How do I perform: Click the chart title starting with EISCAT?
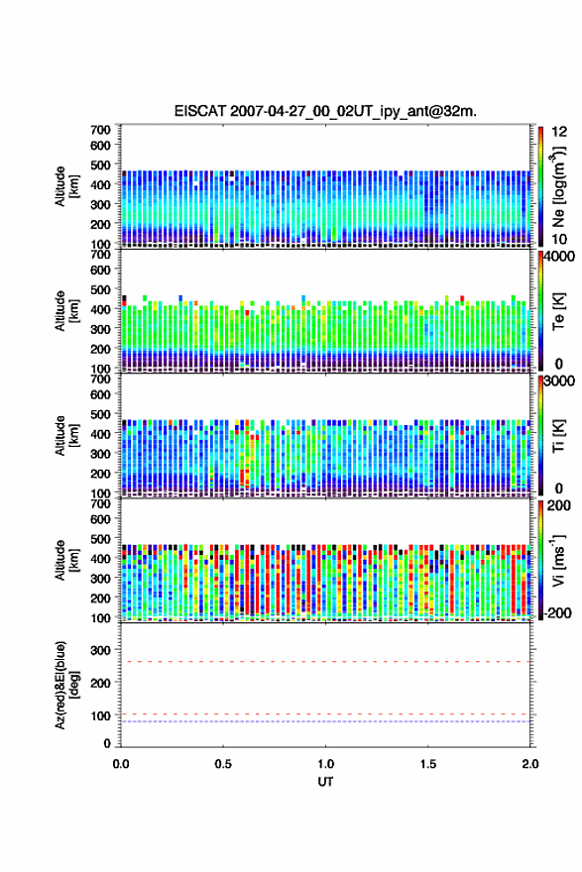(x=325, y=111)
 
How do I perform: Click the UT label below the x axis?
(x=325, y=782)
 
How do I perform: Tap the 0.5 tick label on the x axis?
(x=223, y=764)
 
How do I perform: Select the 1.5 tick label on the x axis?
(x=428, y=764)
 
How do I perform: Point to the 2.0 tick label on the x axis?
(x=530, y=764)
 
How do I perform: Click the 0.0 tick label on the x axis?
(x=121, y=764)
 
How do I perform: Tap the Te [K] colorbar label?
(x=558, y=311)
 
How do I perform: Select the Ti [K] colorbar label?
(x=558, y=437)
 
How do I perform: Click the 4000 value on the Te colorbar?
(x=559, y=257)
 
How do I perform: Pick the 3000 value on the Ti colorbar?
(x=559, y=381)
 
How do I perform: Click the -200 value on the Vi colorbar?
(x=557, y=612)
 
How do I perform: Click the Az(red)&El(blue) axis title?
(x=65, y=685)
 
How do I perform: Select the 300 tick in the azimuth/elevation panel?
(x=101, y=650)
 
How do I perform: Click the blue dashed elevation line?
(x=325, y=721)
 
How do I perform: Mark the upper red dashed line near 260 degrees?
(x=325, y=662)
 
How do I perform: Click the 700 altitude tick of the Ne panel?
(x=101, y=130)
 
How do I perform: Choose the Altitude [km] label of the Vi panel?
(x=65, y=560)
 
